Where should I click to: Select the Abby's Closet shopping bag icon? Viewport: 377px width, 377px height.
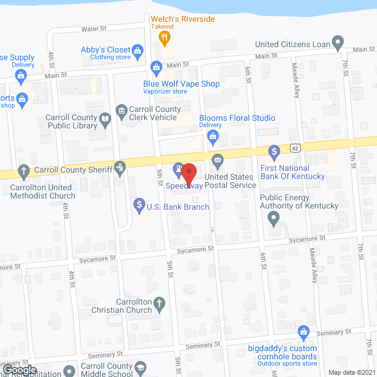pos(138,51)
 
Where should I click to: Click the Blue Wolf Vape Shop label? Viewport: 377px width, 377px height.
pos(181,84)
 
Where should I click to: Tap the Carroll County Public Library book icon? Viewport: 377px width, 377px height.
pos(105,120)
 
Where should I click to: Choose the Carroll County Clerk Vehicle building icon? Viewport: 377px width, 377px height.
pos(121,110)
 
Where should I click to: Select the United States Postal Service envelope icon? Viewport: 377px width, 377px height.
pos(217,158)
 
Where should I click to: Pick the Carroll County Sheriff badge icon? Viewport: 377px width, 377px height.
pos(120,167)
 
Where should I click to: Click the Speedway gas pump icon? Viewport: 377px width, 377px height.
pos(177,170)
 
